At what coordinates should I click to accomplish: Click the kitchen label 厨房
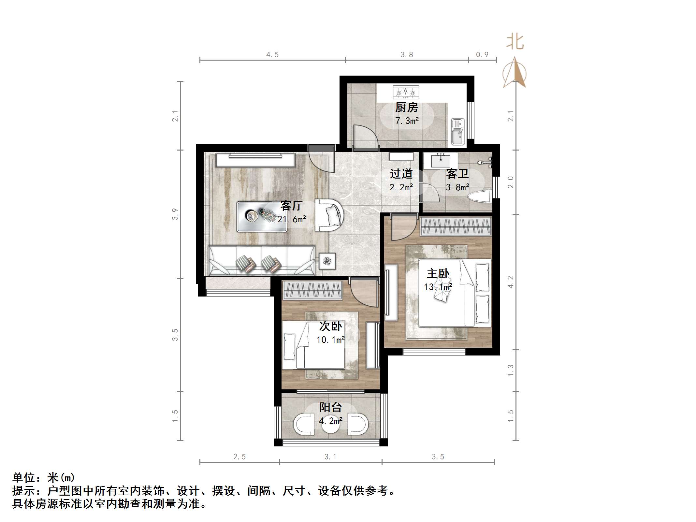pyautogui.click(x=407, y=107)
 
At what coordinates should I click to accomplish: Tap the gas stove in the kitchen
pyautogui.click(x=406, y=92)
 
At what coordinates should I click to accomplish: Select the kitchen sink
pyautogui.click(x=457, y=131)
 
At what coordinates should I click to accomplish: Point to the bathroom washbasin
pyautogui.click(x=441, y=161)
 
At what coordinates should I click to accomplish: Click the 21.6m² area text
pyautogui.click(x=292, y=219)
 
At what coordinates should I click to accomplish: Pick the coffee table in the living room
pyautogui.click(x=262, y=216)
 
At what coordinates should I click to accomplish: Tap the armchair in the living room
pyautogui.click(x=329, y=215)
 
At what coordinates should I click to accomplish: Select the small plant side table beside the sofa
pyautogui.click(x=327, y=261)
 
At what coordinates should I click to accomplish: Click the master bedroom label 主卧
pyautogui.click(x=438, y=273)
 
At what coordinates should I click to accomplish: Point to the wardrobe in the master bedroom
pyautogui.click(x=456, y=226)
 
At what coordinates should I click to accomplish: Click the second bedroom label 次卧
pyautogui.click(x=330, y=326)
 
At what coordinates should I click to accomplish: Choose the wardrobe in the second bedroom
pyautogui.click(x=312, y=290)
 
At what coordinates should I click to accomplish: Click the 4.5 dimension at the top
pyautogui.click(x=272, y=55)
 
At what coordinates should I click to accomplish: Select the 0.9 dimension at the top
pyautogui.click(x=482, y=55)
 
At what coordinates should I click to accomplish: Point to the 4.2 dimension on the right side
pyautogui.click(x=511, y=282)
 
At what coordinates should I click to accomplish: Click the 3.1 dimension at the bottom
pyautogui.click(x=330, y=457)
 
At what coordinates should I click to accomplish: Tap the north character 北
pyautogui.click(x=515, y=42)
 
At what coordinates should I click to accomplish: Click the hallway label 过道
pyautogui.click(x=401, y=174)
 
